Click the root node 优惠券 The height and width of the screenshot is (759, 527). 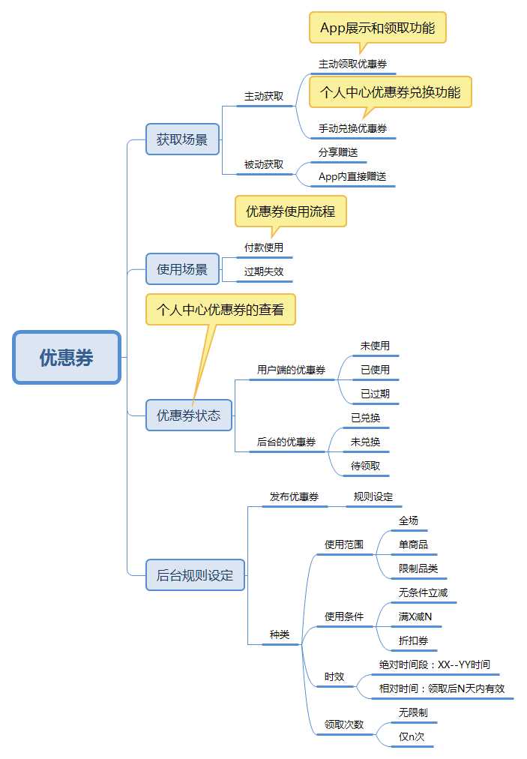[x=67, y=358]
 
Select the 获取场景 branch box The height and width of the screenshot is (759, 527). [x=182, y=139]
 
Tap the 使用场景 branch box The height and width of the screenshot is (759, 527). [x=182, y=268]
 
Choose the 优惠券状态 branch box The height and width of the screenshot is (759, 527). [x=188, y=415]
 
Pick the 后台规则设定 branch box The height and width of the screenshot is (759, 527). [x=195, y=576]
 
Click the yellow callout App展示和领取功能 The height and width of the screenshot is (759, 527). [x=378, y=28]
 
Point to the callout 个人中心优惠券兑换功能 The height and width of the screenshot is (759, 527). [x=390, y=92]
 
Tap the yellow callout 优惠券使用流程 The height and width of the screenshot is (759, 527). [x=291, y=211]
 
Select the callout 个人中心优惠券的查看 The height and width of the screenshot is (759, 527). [x=220, y=309]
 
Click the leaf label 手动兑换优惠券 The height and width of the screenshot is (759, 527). [x=352, y=128]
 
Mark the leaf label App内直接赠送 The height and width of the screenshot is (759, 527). [x=352, y=176]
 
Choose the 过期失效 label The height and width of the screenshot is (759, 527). [x=264, y=271]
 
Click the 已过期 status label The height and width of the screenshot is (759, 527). [x=375, y=394]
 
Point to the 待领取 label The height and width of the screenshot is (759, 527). [x=366, y=466]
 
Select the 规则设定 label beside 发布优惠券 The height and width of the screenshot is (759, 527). [x=373, y=496]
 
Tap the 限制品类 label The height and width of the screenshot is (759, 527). [x=418, y=568]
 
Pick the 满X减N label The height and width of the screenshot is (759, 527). [x=415, y=616]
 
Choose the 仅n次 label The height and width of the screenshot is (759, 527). [x=412, y=736]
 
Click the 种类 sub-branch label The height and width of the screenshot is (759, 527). [x=280, y=634]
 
